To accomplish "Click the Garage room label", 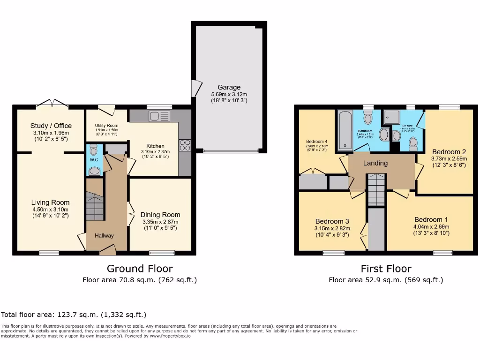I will tap(229, 87).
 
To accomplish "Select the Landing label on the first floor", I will tap(375, 163).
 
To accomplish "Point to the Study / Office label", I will tap(51, 126).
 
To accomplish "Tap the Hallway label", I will tap(104, 235).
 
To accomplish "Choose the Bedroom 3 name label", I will tap(332, 221).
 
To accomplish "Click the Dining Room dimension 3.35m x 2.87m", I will tap(160, 222).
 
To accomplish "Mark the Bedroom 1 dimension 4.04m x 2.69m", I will tap(428, 226).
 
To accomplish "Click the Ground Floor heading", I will tap(140, 269).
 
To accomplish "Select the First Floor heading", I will tap(386, 269).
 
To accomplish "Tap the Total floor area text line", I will tap(74, 315).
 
